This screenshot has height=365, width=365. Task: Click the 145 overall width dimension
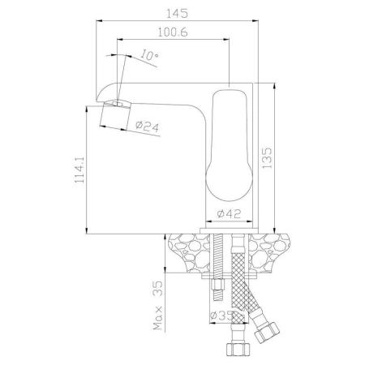(x=177, y=13)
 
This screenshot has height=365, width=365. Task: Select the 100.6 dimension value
(x=173, y=32)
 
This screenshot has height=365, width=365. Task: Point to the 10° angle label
(x=149, y=55)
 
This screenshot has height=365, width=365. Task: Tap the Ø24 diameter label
(x=147, y=127)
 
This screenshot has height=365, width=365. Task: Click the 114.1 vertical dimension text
(x=79, y=170)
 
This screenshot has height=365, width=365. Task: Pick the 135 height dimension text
(x=267, y=157)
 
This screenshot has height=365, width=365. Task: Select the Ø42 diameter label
(x=229, y=214)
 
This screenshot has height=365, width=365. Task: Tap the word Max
(x=158, y=318)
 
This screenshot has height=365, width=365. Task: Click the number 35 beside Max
(x=158, y=288)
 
